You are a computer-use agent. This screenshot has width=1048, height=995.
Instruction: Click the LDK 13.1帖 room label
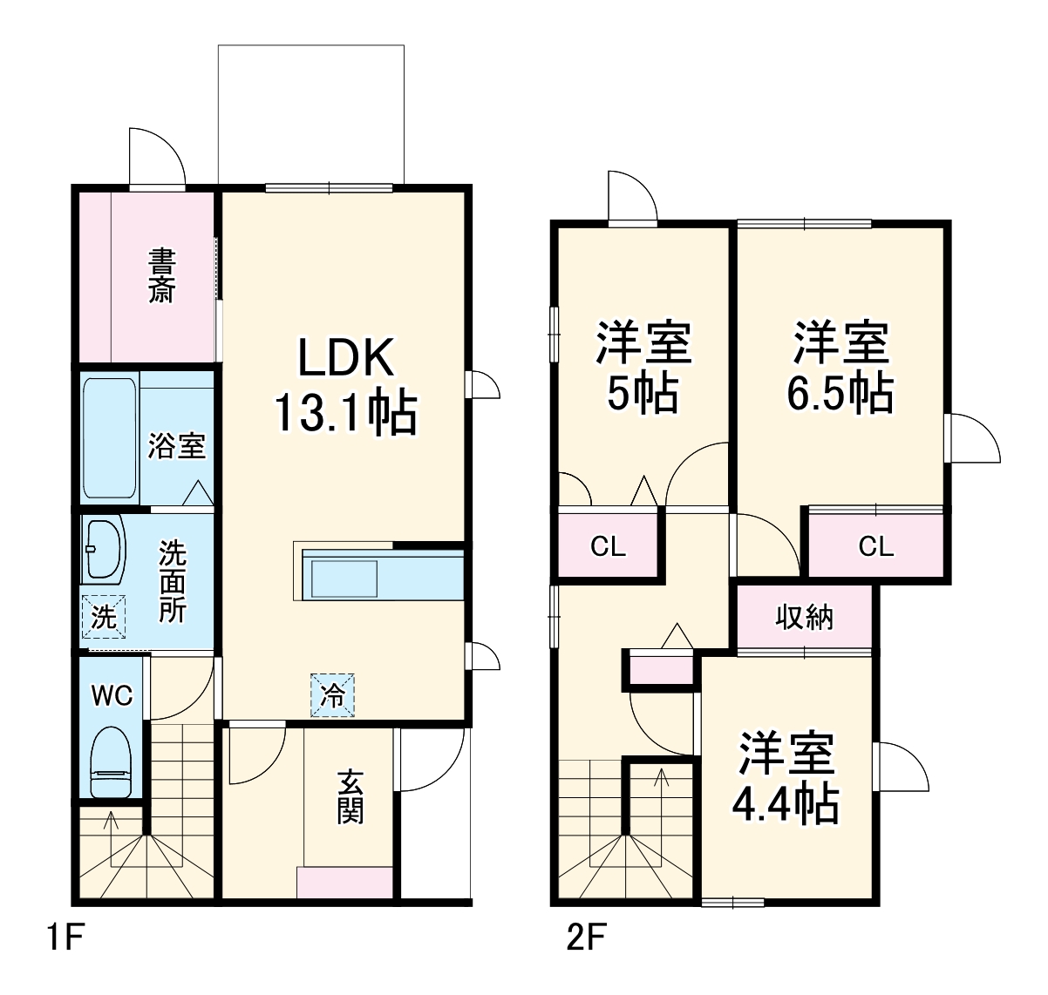[346, 385]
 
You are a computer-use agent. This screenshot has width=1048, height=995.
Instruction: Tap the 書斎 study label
[161, 276]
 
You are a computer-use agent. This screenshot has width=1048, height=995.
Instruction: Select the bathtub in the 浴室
[110, 438]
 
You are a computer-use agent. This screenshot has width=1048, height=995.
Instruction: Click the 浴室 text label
[176, 445]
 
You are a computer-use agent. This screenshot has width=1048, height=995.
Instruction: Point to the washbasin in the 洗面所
[104, 551]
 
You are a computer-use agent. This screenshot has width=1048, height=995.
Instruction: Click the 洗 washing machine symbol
[104, 617]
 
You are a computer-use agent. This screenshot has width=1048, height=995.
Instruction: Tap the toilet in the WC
[111, 761]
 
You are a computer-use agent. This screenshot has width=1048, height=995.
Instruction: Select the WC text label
[112, 695]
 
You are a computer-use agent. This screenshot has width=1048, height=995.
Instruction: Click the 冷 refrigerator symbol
[333, 694]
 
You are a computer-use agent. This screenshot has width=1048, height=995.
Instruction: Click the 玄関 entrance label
[350, 796]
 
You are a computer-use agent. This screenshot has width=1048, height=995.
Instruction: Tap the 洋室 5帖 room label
[643, 367]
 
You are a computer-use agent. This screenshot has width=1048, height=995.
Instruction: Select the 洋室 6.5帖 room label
[840, 367]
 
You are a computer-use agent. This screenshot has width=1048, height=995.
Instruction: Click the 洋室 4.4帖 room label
[786, 778]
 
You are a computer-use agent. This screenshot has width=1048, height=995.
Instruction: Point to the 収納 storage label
[804, 617]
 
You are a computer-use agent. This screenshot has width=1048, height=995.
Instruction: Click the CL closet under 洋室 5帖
[608, 546]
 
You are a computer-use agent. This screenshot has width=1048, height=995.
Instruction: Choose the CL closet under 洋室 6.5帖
[875, 546]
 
